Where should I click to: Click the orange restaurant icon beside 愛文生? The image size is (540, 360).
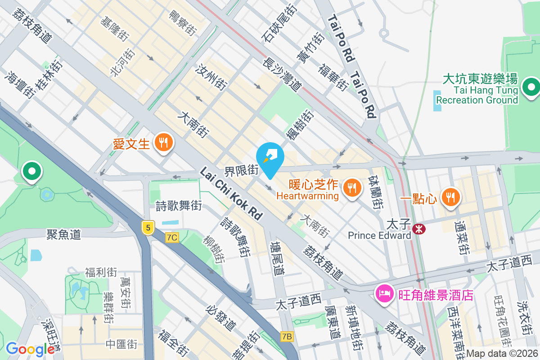coord(162,143)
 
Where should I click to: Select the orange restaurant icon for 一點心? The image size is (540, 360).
coord(449,197)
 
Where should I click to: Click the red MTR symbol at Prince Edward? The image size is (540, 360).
coord(419,229)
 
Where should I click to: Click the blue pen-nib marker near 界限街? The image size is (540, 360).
coord(270,158)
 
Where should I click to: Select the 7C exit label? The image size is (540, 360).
coord(172,237)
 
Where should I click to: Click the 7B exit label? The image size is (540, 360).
coord(286,336)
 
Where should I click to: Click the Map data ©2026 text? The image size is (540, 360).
coord(502,354)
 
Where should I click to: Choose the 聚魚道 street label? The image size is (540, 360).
coord(63,234)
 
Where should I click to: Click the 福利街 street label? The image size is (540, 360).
coord(101,272)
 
